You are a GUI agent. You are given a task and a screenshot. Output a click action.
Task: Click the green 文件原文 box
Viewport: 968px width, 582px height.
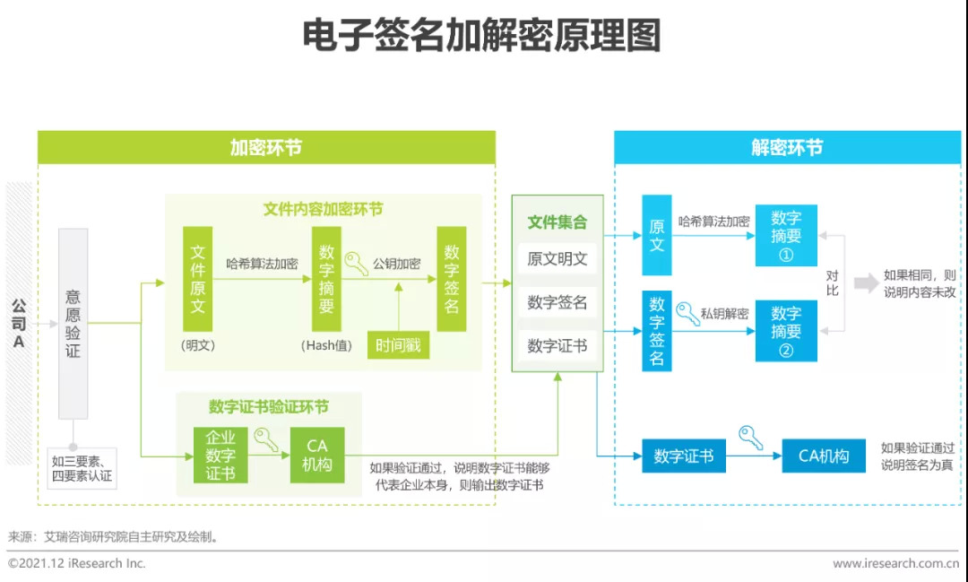[197, 279]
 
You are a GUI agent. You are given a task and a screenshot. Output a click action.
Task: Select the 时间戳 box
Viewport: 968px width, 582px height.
[398, 344]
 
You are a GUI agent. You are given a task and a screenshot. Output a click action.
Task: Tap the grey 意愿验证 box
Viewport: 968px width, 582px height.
[73, 324]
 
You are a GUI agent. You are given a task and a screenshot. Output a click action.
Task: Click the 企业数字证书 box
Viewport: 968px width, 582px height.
[220, 456]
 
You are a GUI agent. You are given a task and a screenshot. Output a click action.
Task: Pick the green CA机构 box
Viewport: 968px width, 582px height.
[317, 456]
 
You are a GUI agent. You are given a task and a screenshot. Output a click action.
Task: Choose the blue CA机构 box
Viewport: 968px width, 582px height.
[824, 456]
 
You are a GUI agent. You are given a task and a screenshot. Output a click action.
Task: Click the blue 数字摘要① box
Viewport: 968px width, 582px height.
[786, 235]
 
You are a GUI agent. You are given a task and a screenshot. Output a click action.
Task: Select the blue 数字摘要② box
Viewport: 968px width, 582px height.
[786, 331]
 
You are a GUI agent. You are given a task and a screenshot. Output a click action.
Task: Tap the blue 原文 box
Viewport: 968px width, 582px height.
[657, 235]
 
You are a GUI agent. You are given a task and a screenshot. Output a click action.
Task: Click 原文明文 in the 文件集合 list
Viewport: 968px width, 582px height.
[557, 259]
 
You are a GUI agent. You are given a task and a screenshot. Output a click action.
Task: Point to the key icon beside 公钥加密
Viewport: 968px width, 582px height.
[356, 263]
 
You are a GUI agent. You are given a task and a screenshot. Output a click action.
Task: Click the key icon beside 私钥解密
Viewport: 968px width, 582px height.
[687, 313]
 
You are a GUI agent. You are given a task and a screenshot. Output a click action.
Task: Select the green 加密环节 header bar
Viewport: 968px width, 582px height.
[267, 148]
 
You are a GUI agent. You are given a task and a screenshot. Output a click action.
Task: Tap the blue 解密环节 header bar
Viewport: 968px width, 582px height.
[788, 148]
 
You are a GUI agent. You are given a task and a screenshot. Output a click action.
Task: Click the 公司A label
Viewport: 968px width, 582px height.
[19, 324]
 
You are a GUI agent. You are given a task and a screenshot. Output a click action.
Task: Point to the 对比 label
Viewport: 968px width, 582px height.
[832, 283]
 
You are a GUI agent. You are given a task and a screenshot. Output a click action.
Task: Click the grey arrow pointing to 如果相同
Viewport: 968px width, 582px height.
[866, 283]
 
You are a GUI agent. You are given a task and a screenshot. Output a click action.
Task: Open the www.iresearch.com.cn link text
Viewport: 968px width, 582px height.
[895, 563]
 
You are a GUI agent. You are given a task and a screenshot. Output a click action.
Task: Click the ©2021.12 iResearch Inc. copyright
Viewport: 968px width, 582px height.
[77, 563]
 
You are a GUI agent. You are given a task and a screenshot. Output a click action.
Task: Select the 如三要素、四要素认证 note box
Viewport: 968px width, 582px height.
[82, 468]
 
